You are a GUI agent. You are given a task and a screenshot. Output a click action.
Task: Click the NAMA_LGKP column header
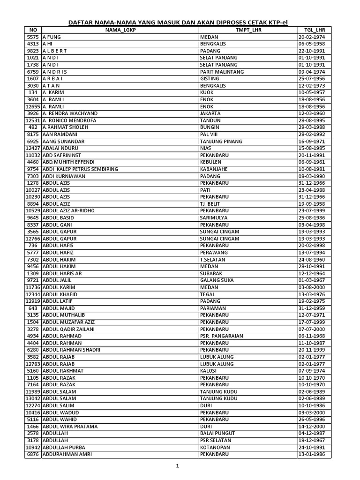pos(120,30)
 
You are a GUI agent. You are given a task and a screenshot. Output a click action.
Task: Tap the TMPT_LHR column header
pos(248,30)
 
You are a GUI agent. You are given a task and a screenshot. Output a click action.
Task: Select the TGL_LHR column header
pos(314,30)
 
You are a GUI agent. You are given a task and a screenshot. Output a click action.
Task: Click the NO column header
pos(32,30)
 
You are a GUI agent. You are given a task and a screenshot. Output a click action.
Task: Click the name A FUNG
pos(52,37)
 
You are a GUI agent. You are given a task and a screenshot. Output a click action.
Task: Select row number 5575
pos(32,37)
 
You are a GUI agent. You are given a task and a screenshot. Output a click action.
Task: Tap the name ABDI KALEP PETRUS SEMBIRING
pos(80,169)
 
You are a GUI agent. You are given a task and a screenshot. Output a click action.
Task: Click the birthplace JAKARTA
pos(210,113)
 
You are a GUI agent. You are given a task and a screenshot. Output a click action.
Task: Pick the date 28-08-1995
pos(314,120)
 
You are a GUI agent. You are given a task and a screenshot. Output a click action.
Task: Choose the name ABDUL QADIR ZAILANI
pos(68,329)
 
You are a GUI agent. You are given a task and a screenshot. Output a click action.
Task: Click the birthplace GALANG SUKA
pos(217,280)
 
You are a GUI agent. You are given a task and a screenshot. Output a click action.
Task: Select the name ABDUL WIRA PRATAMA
pos(70,427)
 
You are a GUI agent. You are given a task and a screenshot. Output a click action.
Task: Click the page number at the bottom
pos(178,466)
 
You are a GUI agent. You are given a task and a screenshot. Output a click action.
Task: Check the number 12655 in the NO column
pos(32,106)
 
